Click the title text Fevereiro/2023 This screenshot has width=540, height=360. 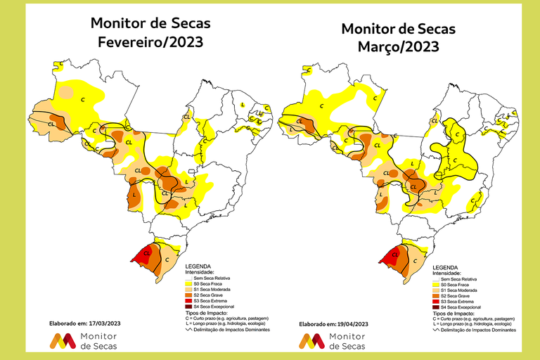pos(150,42)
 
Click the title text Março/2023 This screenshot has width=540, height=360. pos(398,47)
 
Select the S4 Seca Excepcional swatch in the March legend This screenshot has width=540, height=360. pos(435,307)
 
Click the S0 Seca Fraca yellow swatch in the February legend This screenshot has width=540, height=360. pos(180,284)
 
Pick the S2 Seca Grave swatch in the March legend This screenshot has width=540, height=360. pos(435,295)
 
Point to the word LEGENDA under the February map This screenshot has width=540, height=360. pos(198,268)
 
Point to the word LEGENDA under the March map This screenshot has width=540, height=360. pos(450,268)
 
